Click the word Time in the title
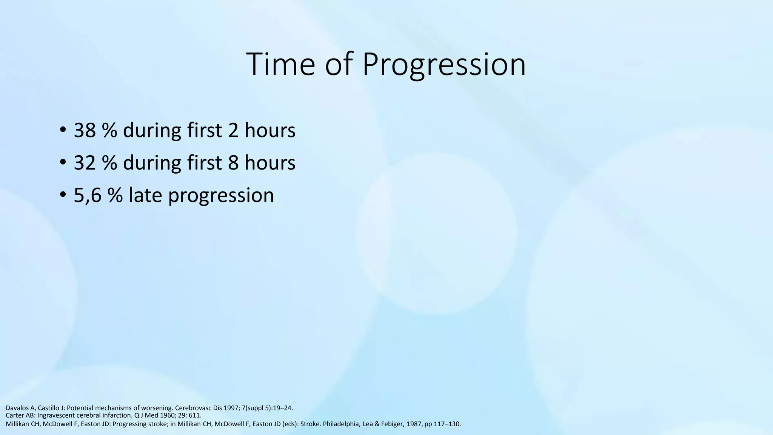280,64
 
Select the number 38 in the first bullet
85,130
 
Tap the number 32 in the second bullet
85,163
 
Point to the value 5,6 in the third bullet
88,195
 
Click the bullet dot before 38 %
63,131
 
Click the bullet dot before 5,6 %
63,196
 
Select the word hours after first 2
270,130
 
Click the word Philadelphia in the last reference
341,424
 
